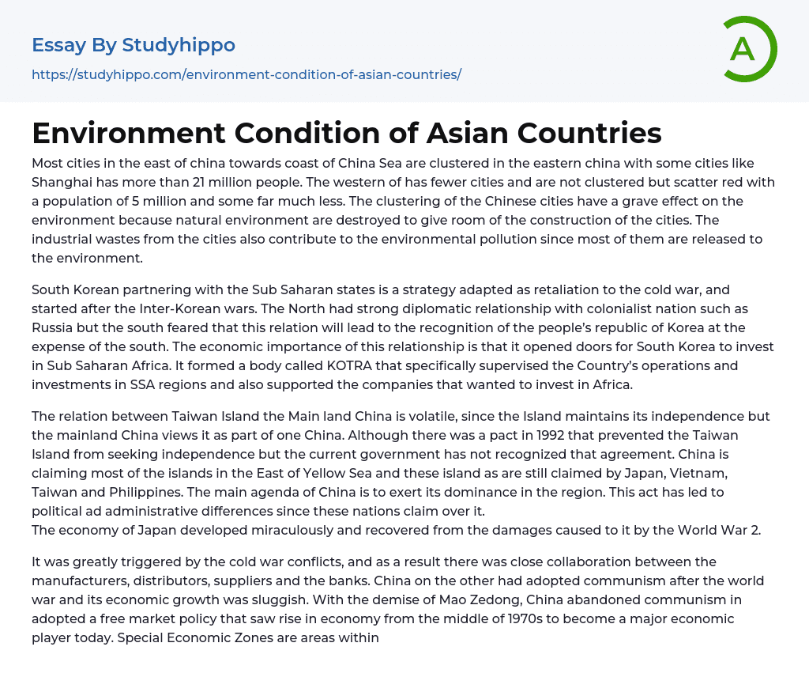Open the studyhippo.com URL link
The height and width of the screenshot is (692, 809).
pyautogui.click(x=246, y=75)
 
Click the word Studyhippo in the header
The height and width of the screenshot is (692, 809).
pyautogui.click(x=179, y=45)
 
